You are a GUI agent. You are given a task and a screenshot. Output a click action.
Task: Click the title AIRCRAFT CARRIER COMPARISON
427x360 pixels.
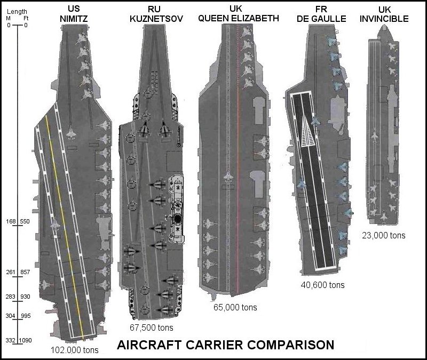click(x=225, y=345)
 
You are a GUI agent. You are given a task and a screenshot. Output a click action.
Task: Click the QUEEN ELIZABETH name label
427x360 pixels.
click(x=239, y=18)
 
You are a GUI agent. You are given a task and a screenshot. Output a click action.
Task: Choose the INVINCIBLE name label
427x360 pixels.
click(x=388, y=19)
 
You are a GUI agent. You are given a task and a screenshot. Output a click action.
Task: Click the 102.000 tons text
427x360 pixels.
click(x=74, y=350)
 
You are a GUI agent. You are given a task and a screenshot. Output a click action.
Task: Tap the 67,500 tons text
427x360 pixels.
click(x=152, y=327)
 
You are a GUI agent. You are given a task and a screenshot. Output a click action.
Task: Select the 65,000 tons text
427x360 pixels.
click(x=235, y=307)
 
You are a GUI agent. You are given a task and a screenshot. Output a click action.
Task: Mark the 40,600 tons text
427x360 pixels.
click(x=322, y=285)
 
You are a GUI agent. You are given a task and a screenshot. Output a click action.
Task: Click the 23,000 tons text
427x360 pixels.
click(x=383, y=235)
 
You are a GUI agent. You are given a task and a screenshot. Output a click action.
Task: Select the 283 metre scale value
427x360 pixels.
click(x=10, y=297)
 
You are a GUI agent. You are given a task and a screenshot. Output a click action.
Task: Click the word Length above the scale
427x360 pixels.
click(x=16, y=11)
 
